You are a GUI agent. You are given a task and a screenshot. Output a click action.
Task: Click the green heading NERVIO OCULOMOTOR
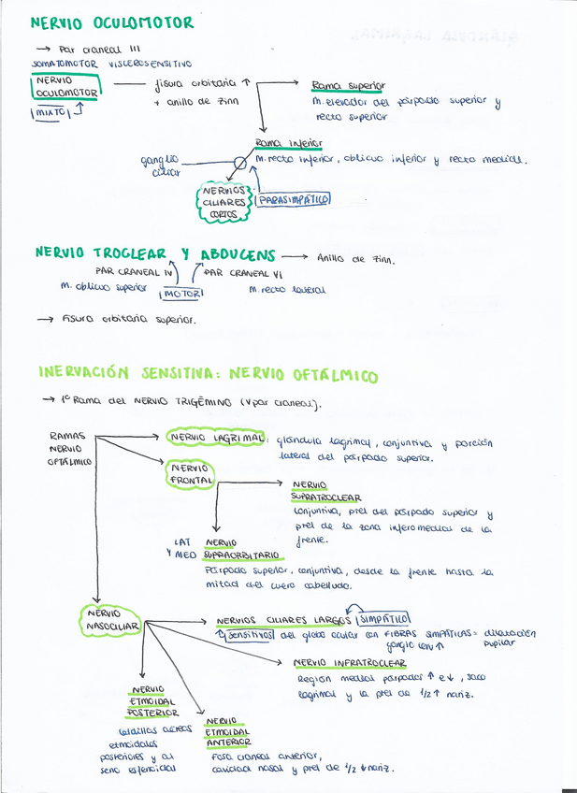point(112,22)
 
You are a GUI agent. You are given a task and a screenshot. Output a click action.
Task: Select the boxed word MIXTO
point(50,112)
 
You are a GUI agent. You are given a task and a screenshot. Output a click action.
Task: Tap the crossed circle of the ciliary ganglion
point(239,162)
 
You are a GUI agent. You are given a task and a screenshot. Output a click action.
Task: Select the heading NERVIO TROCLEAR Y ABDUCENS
point(155,253)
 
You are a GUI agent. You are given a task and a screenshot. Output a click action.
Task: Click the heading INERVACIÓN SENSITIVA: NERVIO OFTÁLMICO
point(208,375)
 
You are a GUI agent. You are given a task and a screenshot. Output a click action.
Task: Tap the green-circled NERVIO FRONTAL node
point(190,473)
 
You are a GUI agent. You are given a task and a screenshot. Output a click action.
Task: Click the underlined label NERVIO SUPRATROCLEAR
point(325,492)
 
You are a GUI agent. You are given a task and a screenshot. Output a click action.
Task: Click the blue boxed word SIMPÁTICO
point(383,619)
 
